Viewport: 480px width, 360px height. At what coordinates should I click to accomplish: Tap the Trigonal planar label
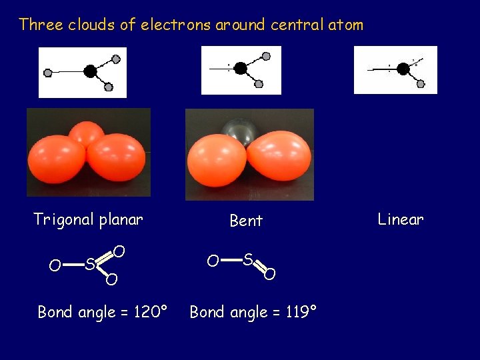pyautogui.click(x=88, y=220)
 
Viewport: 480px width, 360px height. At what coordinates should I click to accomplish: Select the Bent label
pyautogui.click(x=246, y=221)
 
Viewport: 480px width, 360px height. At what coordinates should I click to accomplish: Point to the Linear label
pyautogui.click(x=400, y=219)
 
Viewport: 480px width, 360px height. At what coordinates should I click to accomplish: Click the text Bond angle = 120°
pyautogui.click(x=101, y=311)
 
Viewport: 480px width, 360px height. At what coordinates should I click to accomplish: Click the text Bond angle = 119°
pyautogui.click(x=253, y=311)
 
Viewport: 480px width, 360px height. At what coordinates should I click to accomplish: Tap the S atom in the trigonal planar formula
pyautogui.click(x=89, y=264)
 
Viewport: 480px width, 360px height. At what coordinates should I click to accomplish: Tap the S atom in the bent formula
pyautogui.click(x=247, y=259)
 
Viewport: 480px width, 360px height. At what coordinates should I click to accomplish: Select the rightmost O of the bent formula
pyautogui.click(x=269, y=273)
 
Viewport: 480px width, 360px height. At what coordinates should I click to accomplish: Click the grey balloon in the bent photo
pyautogui.click(x=241, y=130)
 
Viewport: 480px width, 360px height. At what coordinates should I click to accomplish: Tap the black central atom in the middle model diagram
pyautogui.click(x=240, y=68)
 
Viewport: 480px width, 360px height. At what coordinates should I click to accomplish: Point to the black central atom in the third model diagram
pyautogui.click(x=402, y=68)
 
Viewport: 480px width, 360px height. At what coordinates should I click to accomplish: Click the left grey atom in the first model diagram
pyautogui.click(x=48, y=73)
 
